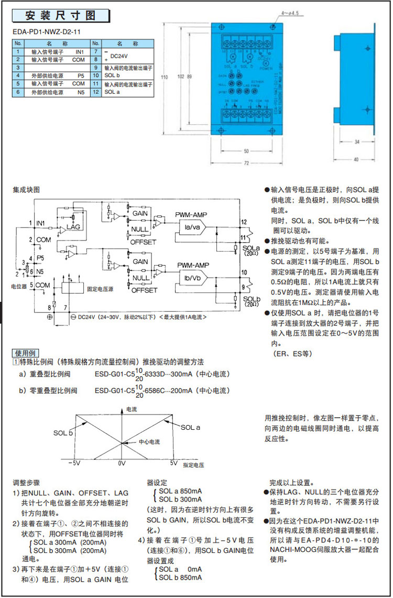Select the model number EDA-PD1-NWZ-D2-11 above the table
pos(47,31)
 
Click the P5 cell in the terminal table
pos(80,76)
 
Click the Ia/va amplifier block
pos(187,227)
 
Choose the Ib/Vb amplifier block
pos(187,277)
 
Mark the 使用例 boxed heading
pos(26,353)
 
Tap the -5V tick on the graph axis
pos(75,464)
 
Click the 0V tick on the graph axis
pos(122,464)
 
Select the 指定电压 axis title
pos(193,465)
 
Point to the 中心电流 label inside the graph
pos(149,442)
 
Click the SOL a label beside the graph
pos(191,428)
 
